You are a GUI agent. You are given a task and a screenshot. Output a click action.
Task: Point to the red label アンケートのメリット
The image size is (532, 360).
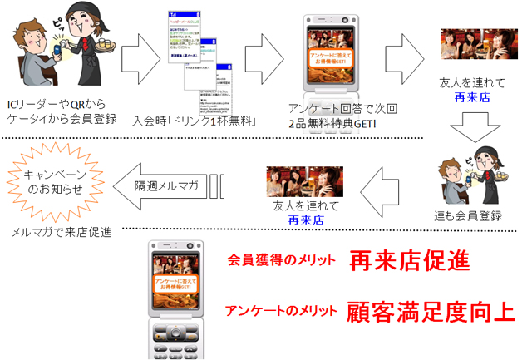coord(280,312)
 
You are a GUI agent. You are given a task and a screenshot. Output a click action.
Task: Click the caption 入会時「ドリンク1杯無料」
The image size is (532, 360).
coord(194,121)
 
